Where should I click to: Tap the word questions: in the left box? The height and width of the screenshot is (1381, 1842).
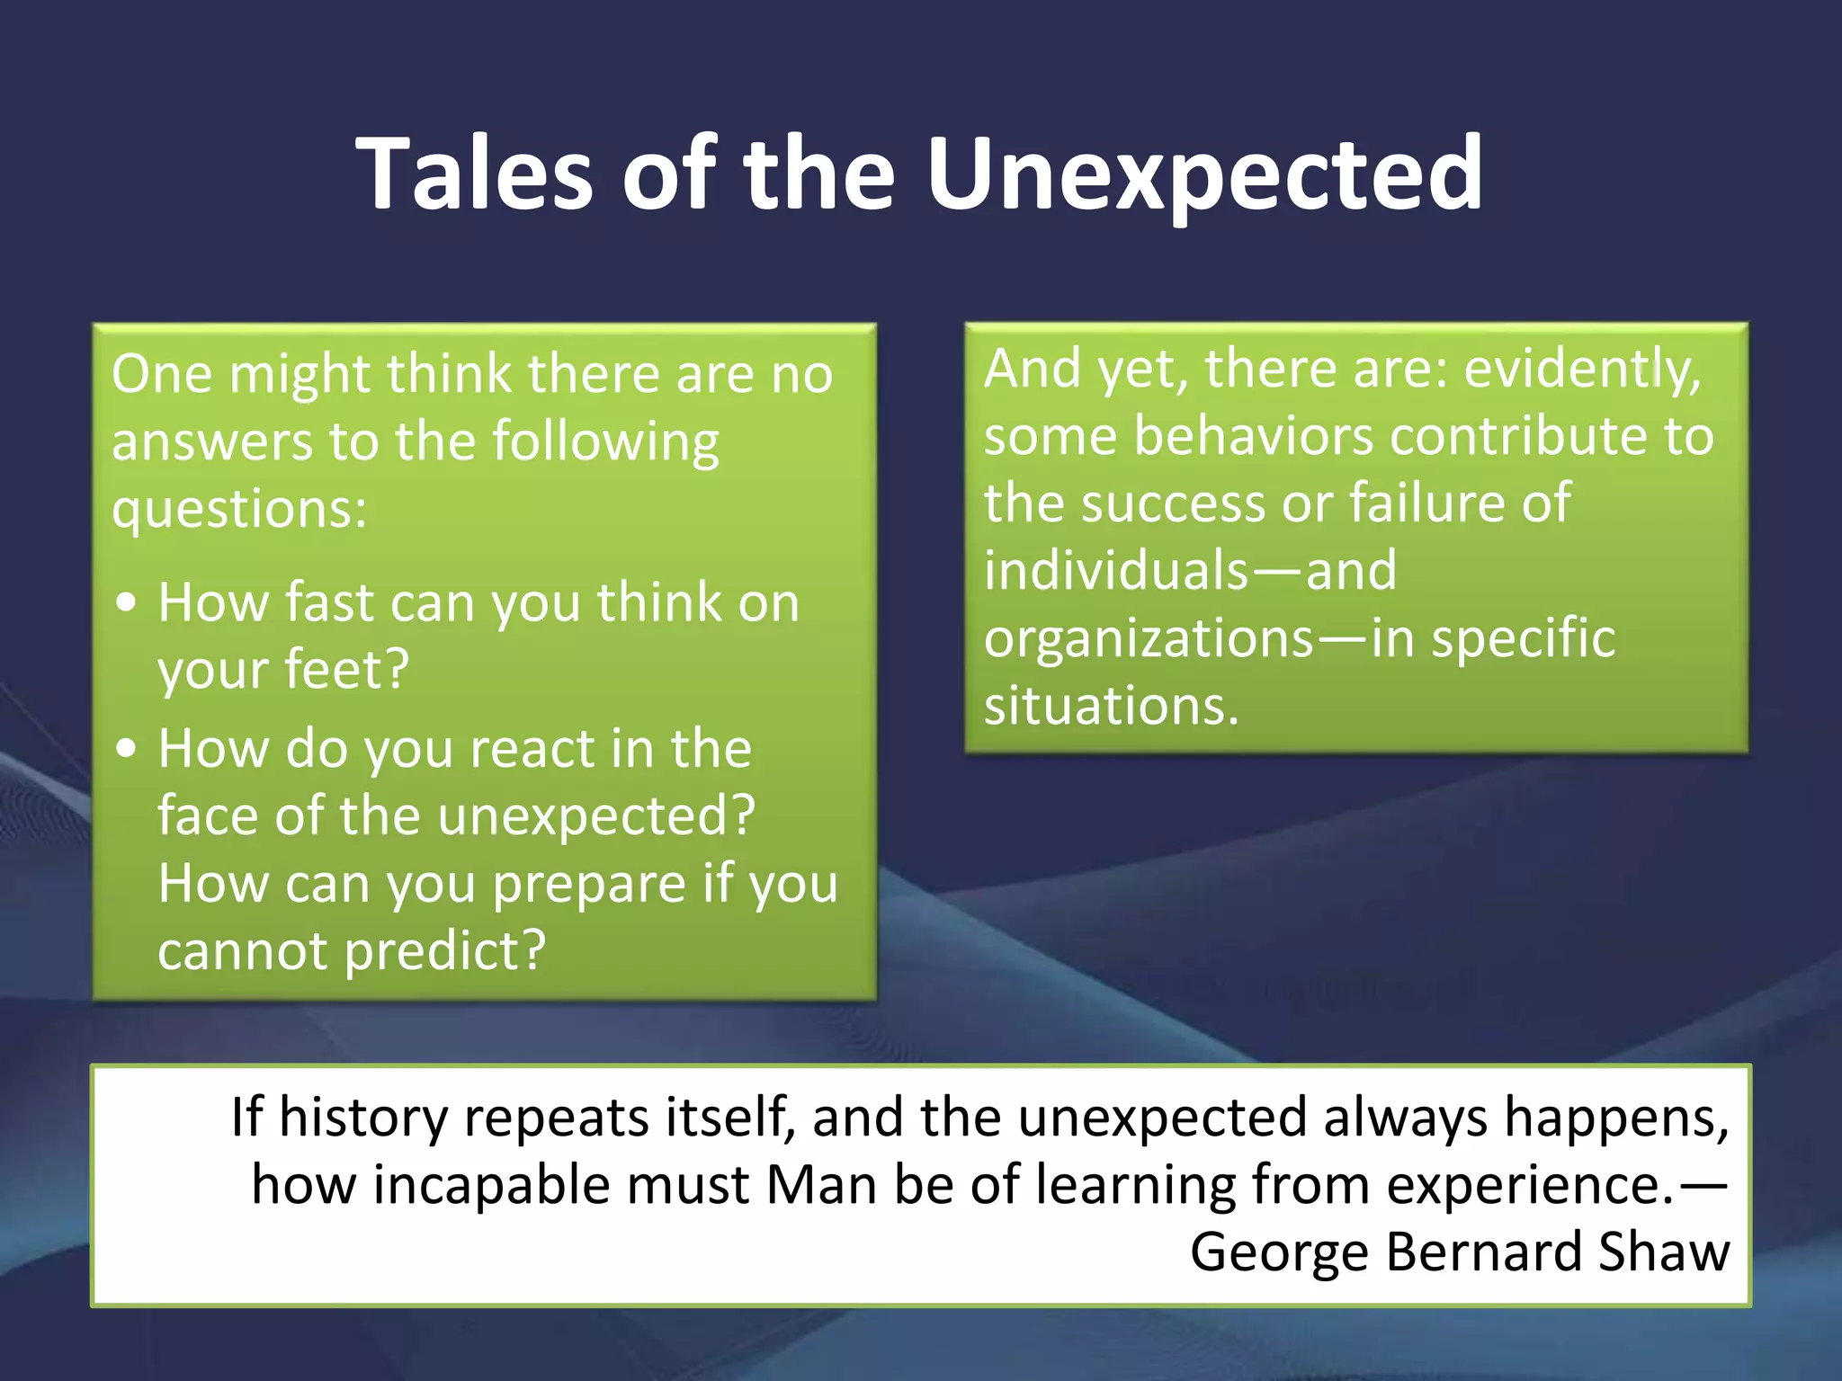point(239,510)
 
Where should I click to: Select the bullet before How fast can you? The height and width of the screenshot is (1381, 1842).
point(127,603)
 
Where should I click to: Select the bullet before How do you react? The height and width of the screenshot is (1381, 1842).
point(127,748)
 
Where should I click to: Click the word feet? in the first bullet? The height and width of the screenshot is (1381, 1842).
point(346,670)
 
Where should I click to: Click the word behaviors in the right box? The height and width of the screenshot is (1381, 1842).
point(1253,437)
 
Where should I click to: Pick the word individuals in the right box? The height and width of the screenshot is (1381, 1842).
point(1116,571)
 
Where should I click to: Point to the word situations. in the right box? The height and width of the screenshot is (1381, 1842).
point(1111,706)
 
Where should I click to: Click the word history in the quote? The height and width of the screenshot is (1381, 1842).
point(362,1118)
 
